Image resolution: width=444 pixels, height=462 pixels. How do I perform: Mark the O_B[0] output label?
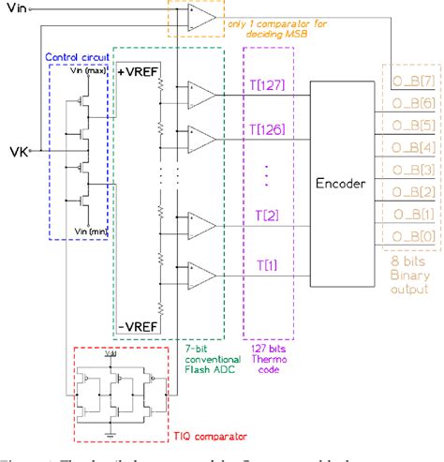(x=412, y=236)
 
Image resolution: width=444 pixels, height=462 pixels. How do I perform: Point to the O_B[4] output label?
(x=412, y=144)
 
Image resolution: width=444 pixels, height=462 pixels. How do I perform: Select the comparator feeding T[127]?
(x=200, y=93)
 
